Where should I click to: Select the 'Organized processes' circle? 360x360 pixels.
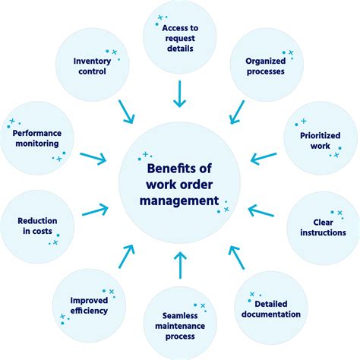tap(265, 67)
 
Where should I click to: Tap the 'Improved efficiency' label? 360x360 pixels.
tap(89, 305)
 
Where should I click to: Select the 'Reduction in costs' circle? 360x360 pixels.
tap(38, 226)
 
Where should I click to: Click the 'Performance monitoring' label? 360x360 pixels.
tap(36, 137)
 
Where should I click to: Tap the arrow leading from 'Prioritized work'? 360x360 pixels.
tap(264, 158)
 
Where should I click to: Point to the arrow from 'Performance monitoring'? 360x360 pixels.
tap(93, 157)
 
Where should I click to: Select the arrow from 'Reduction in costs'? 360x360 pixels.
tap(94, 209)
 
